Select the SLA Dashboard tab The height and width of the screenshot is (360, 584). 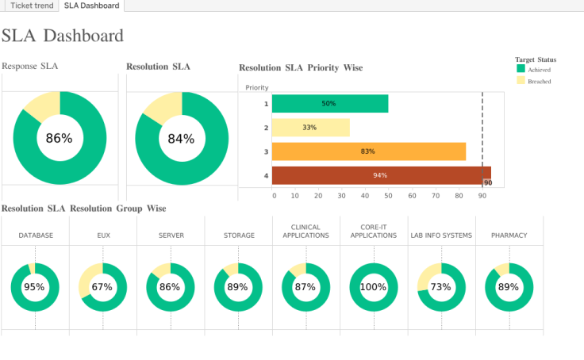(92, 6)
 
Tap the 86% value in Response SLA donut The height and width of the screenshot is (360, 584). (59, 138)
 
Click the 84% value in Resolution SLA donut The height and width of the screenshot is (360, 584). (181, 139)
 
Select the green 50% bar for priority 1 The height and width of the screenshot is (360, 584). (329, 104)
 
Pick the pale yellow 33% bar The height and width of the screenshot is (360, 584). (310, 128)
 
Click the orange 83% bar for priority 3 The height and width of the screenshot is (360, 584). (368, 151)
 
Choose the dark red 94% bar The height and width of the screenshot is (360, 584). (381, 175)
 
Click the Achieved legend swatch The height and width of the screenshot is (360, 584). (521, 69)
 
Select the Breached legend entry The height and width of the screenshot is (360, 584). (539, 81)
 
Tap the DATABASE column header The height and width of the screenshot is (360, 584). (36, 236)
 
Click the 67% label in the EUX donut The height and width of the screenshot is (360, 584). (102, 287)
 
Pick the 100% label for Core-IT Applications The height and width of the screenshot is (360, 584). (374, 287)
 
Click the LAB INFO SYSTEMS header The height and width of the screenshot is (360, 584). (441, 236)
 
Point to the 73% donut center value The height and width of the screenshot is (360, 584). (441, 287)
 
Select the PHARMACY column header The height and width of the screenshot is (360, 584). (509, 236)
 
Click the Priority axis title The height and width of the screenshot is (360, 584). (257, 87)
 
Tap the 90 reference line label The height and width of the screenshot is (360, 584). (488, 183)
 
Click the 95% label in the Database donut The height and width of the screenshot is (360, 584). (34, 287)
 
